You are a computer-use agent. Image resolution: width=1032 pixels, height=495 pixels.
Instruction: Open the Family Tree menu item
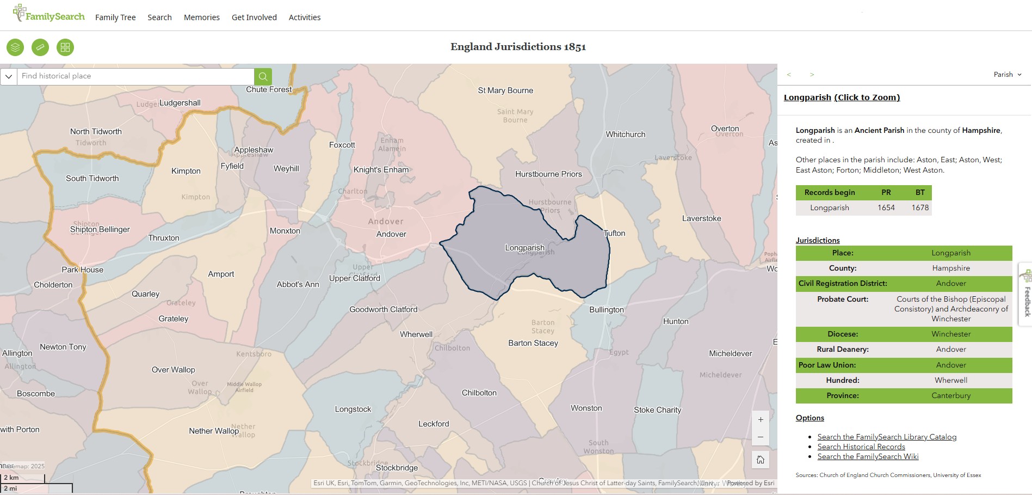tap(115, 17)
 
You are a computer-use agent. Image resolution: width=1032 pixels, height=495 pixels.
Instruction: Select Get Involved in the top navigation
tap(254, 17)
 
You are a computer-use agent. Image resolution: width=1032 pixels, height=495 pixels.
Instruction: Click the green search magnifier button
tap(263, 76)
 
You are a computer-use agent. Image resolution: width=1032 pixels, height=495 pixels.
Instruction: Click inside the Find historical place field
tap(136, 76)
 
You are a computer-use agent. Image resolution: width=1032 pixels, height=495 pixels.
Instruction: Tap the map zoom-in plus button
tap(761, 420)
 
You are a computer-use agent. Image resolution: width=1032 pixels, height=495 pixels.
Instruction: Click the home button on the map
tap(761, 460)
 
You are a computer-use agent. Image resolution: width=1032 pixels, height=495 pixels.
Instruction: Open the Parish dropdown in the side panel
tap(1008, 75)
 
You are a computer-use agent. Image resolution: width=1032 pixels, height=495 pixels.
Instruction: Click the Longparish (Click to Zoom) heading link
tap(842, 97)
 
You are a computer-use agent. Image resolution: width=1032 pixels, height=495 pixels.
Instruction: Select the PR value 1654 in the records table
tap(886, 207)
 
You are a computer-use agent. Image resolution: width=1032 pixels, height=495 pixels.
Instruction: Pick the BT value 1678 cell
tap(920, 207)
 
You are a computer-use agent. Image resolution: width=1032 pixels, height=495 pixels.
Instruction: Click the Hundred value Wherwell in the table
tap(950, 380)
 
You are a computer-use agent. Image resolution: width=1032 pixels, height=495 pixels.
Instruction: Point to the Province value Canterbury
tap(950, 395)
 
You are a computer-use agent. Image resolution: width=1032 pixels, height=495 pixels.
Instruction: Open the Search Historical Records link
tap(861, 447)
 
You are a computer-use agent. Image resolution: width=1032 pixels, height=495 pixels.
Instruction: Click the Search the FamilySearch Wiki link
tap(867, 456)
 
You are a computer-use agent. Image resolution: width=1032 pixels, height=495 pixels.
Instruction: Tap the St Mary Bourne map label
tap(505, 90)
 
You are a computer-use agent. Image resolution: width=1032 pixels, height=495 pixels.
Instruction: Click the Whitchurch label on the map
tap(626, 135)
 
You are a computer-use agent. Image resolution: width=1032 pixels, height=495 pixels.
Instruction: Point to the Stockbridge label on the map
tap(397, 468)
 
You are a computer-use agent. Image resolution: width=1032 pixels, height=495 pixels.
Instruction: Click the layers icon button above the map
tap(15, 47)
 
